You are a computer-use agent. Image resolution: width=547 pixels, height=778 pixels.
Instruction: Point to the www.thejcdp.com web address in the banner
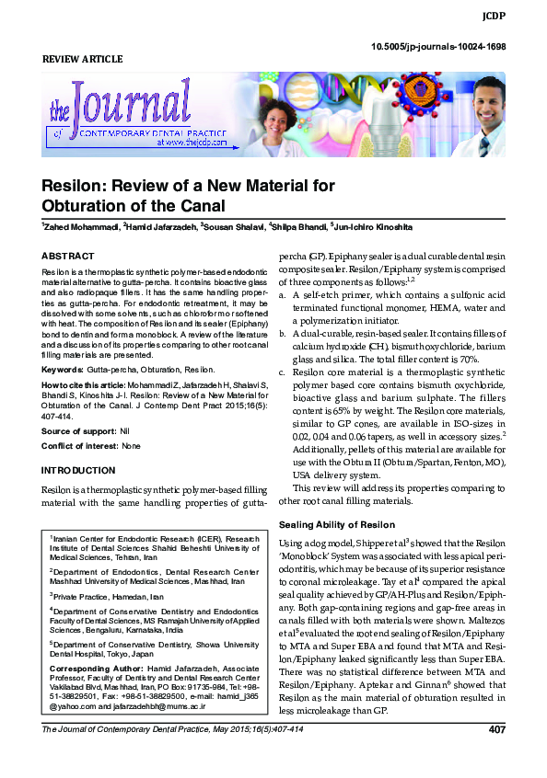(x=192, y=143)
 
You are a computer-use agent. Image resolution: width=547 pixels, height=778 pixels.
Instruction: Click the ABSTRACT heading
(x=68, y=256)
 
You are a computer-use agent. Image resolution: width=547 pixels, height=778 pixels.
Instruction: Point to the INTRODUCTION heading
(x=78, y=470)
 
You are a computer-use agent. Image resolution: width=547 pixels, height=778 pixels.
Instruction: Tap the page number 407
(x=495, y=757)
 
